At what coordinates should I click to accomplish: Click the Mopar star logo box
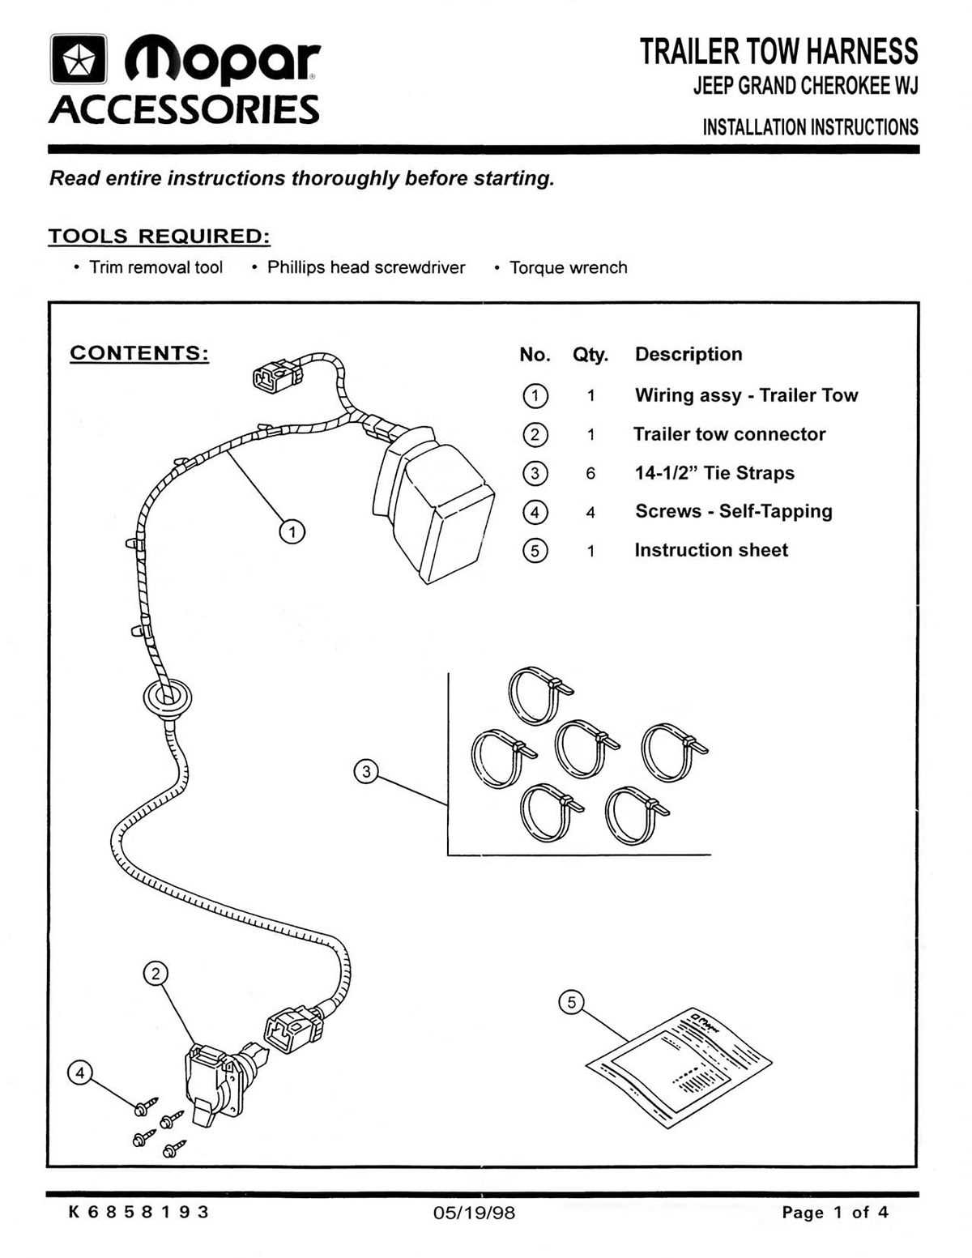(x=79, y=59)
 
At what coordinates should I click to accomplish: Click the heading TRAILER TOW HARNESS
(x=778, y=52)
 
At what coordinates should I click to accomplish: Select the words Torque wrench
(x=568, y=268)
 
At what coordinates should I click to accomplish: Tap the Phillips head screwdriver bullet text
(x=366, y=268)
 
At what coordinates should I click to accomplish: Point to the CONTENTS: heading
(x=139, y=353)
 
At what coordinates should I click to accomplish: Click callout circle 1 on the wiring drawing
(x=292, y=531)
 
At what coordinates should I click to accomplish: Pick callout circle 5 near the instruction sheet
(x=571, y=1003)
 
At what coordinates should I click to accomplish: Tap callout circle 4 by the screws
(x=79, y=1073)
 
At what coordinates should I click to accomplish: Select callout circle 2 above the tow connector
(x=156, y=974)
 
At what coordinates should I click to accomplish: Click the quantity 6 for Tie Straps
(x=590, y=473)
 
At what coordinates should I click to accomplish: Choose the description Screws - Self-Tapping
(x=733, y=511)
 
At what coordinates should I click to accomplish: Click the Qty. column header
(x=590, y=355)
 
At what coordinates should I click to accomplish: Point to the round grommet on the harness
(x=167, y=698)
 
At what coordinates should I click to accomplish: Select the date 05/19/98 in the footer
(x=474, y=1213)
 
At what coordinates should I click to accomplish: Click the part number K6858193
(x=139, y=1212)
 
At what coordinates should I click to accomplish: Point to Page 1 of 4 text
(x=834, y=1213)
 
